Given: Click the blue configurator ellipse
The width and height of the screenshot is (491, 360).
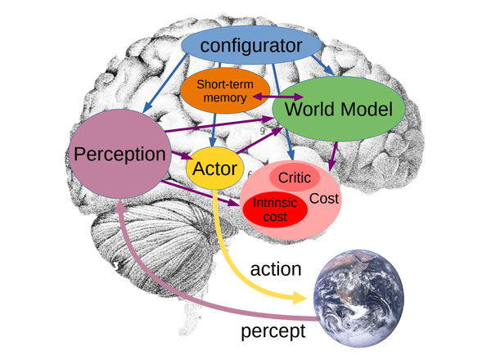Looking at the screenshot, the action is coord(251,45).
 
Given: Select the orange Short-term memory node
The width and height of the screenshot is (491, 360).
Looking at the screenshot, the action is coord(225,91).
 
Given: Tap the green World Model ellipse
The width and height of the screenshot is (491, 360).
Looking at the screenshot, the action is coord(339,109).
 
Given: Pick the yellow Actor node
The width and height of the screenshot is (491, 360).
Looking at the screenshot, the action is coord(214,169).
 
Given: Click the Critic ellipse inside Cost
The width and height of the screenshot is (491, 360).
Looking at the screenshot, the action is coord(295,178).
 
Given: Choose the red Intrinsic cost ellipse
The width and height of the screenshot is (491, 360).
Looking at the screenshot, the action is coord(275,209).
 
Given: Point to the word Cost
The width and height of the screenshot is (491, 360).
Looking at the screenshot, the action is coord(324,199).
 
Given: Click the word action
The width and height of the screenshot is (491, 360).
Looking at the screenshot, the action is coord(276,269).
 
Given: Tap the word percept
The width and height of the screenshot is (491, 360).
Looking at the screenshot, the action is coord(273,331).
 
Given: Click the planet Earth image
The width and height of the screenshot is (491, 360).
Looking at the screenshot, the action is coord(359,299).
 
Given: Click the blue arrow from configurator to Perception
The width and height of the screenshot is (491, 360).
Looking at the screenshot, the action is coord(164,83).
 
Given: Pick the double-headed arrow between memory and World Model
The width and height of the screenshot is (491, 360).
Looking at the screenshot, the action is coord(277,97).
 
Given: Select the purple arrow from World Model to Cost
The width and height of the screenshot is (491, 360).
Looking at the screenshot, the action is coord(334,156).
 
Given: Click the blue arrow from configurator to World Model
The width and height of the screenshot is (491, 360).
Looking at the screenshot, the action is coord(323,65).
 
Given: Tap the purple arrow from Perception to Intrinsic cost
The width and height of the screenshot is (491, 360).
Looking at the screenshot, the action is coord(200,193).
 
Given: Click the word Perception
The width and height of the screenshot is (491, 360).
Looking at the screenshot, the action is coord(119,154).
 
